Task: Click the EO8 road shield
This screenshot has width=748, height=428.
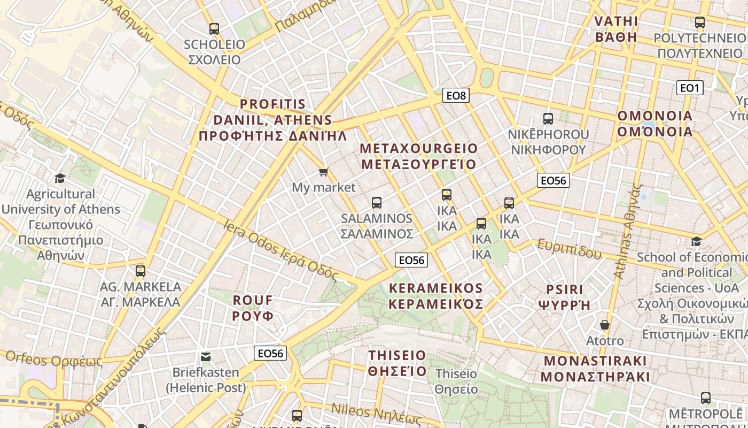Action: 456,96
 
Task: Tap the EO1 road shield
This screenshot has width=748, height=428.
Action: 689,88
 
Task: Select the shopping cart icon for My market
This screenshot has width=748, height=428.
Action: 323,172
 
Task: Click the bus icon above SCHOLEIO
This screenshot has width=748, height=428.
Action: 214,29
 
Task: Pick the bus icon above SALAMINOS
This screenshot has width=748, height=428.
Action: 377,203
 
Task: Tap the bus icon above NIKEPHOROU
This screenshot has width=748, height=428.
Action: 548,119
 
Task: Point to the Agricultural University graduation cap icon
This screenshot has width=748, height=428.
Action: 60,178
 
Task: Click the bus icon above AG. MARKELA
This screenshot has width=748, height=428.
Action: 141,271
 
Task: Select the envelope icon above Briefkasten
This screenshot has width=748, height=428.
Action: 206,356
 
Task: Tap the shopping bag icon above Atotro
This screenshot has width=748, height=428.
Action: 605,325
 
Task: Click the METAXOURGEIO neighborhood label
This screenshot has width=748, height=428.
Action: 419,156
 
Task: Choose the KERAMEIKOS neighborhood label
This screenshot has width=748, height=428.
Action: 436,296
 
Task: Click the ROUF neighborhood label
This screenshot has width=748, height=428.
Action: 253,308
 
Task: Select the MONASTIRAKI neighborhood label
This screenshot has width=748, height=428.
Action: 595,369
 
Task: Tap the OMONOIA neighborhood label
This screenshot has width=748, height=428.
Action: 655,124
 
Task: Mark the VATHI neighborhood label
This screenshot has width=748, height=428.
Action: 617,29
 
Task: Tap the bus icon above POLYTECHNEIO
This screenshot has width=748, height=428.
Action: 700,22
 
